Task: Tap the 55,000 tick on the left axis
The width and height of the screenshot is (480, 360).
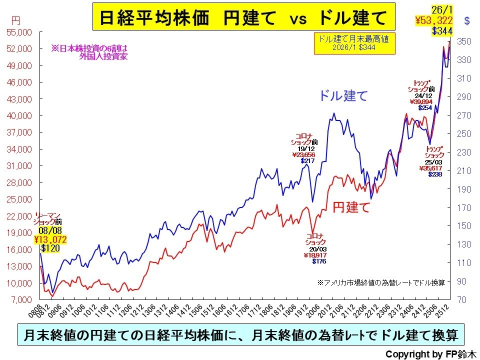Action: pos(18,32)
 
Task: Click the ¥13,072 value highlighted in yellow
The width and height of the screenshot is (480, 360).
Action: pos(50,240)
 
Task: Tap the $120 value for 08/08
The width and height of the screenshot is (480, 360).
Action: pos(50,248)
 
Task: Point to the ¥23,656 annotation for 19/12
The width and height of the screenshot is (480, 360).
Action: pos(304,154)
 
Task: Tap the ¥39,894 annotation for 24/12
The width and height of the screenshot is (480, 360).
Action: pos(420,101)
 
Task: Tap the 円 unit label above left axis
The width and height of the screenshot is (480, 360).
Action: pos(15,21)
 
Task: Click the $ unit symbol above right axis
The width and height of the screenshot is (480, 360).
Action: pos(467,21)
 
